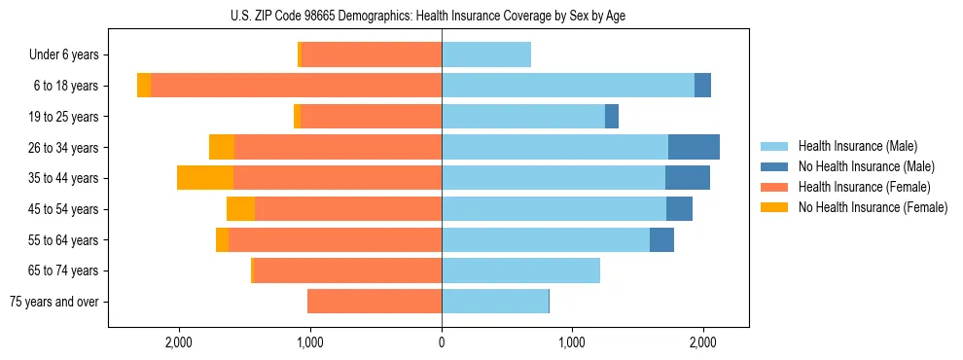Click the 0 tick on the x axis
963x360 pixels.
tap(442, 342)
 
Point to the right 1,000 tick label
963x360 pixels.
tap(572, 342)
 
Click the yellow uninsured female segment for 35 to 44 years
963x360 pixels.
tap(205, 178)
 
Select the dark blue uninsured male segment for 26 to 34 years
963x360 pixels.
tap(694, 147)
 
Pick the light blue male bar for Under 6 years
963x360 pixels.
tap(486, 55)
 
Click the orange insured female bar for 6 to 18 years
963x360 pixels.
tap(297, 86)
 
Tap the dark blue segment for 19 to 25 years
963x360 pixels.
tap(612, 117)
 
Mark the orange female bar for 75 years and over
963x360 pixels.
tap(374, 302)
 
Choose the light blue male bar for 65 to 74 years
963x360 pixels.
tap(520, 270)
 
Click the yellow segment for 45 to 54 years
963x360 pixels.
tap(240, 209)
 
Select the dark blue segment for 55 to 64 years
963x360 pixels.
tap(661, 239)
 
